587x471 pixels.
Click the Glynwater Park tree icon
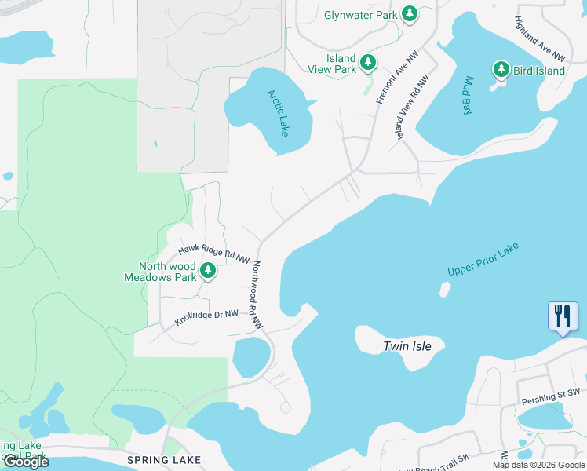[x=409, y=13]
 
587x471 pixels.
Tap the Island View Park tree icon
[x=368, y=62]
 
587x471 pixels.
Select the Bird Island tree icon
[x=501, y=70]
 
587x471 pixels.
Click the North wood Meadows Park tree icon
[x=208, y=272]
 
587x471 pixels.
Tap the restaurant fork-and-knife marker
[x=563, y=317]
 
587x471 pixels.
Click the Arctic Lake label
[x=278, y=113]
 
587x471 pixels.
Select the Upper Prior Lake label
[x=483, y=259]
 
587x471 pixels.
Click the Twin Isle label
[x=413, y=346]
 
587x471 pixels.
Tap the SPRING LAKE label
[x=164, y=459]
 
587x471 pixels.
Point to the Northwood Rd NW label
[x=257, y=294]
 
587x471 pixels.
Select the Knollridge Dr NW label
[x=206, y=317]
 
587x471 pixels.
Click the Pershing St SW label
[x=550, y=401]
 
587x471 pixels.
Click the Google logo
[x=25, y=462]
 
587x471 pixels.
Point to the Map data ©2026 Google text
[x=538, y=465]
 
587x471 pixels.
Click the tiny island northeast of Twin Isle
[x=445, y=290]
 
